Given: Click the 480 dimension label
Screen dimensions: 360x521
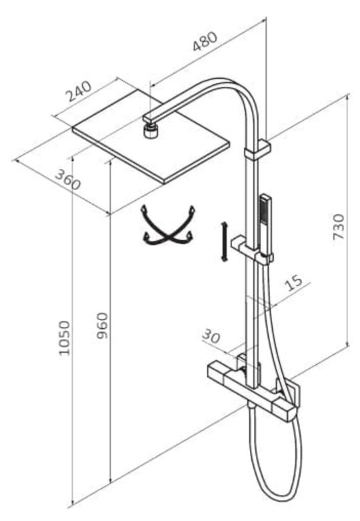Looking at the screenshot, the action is click(205, 41).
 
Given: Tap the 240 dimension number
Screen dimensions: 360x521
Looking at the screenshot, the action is click(79, 91).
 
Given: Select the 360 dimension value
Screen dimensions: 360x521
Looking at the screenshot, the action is click(68, 179).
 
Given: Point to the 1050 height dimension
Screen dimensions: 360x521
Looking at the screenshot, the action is click(65, 338).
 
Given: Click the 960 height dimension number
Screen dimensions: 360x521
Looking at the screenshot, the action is click(102, 326).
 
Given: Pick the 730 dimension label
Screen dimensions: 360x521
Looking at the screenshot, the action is click(339, 227).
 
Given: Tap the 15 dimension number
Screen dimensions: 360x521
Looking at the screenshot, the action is click(294, 282).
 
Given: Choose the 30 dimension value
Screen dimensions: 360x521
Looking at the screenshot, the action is click(211, 336).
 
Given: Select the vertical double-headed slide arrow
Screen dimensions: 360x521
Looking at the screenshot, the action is click(224, 241).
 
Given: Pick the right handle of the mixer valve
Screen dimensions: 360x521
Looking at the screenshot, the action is click(284, 410).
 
